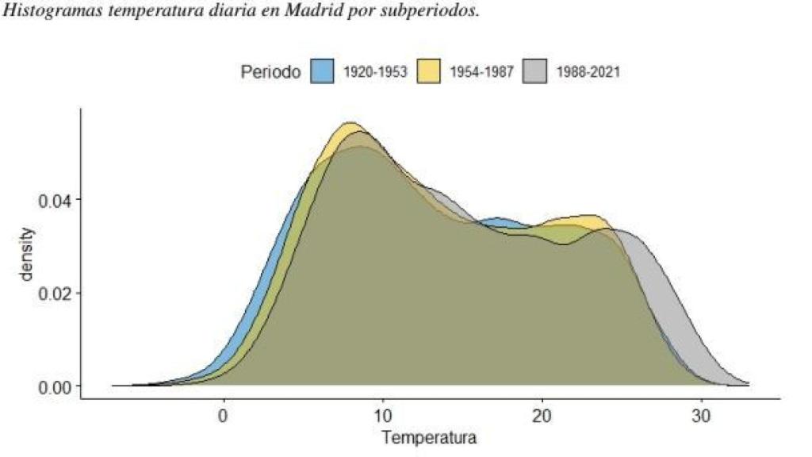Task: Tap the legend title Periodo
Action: point(270,72)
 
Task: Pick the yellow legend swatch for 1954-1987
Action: point(429,72)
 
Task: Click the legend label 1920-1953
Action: point(374,72)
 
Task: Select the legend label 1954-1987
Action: point(481,72)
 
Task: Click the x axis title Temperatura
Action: point(429,437)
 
